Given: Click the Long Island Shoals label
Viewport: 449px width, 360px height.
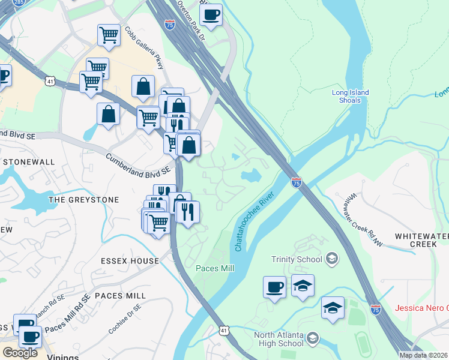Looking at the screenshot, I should coord(350,96).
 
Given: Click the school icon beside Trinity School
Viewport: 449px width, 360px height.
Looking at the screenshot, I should coord(330,259).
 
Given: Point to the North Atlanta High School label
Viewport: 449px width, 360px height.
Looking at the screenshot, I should coord(278,339).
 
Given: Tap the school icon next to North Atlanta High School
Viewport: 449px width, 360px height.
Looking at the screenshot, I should coord(312,340).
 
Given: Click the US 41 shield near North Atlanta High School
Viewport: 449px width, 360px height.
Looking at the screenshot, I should coord(223,330).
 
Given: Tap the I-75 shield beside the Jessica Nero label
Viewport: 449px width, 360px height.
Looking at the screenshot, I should coord(376,310).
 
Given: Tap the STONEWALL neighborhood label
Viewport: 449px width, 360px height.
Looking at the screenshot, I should coord(28,162).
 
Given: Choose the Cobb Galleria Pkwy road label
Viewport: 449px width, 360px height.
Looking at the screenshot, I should coord(145,48).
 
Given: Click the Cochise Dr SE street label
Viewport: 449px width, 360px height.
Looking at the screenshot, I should coord(125,319).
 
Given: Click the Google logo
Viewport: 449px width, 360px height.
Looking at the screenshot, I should coord(20,353).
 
